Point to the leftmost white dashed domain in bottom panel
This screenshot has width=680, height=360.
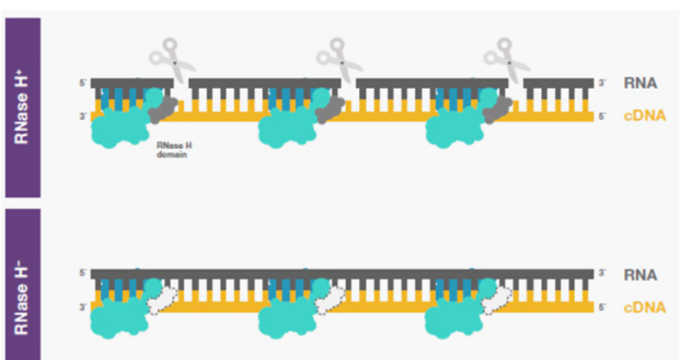161,301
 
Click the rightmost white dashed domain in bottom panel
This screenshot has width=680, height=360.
497,301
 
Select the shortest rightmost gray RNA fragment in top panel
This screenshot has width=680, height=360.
558,83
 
